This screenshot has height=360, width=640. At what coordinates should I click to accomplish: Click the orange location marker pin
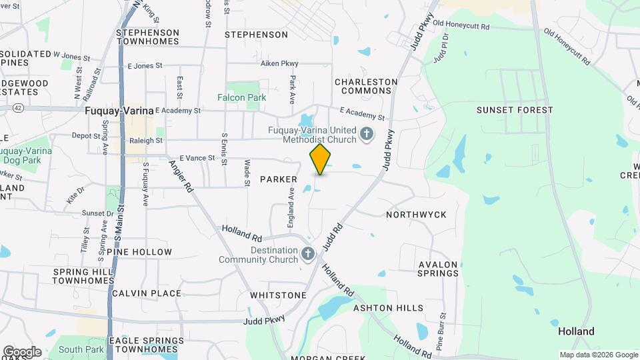pyautogui.click(x=321, y=159)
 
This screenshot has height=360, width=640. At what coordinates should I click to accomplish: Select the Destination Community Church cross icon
pyautogui.click(x=307, y=254)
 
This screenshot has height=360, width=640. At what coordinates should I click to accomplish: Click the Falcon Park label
pyautogui.click(x=241, y=97)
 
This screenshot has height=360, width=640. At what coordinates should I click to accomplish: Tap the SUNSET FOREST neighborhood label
pyautogui.click(x=515, y=110)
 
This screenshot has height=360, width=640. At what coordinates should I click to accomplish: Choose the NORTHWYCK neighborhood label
pyautogui.click(x=416, y=215)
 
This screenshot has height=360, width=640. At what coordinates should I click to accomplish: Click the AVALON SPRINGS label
pyautogui.click(x=439, y=269)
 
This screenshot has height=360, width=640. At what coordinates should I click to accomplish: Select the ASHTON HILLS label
pyautogui.click(x=388, y=308)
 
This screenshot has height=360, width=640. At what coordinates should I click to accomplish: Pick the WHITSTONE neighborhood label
pyautogui.click(x=278, y=295)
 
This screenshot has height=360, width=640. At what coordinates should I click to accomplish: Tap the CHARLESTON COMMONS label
pyautogui.click(x=366, y=87)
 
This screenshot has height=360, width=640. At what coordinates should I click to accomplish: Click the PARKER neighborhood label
pyautogui.click(x=278, y=179)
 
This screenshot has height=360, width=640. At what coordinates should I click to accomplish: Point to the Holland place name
pyautogui.click(x=576, y=331)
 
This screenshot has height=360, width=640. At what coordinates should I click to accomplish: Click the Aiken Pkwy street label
pyautogui.click(x=279, y=63)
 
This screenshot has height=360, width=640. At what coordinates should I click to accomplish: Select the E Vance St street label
pyautogui.click(x=197, y=158)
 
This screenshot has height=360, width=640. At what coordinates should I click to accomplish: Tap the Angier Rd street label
pyautogui.click(x=180, y=176)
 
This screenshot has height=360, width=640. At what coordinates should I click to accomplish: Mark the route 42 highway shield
pyautogui.click(x=18, y=107)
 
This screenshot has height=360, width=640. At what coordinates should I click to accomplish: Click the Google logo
pyautogui.click(x=21, y=352)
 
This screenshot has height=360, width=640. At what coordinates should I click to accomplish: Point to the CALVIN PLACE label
pyautogui.click(x=146, y=293)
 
